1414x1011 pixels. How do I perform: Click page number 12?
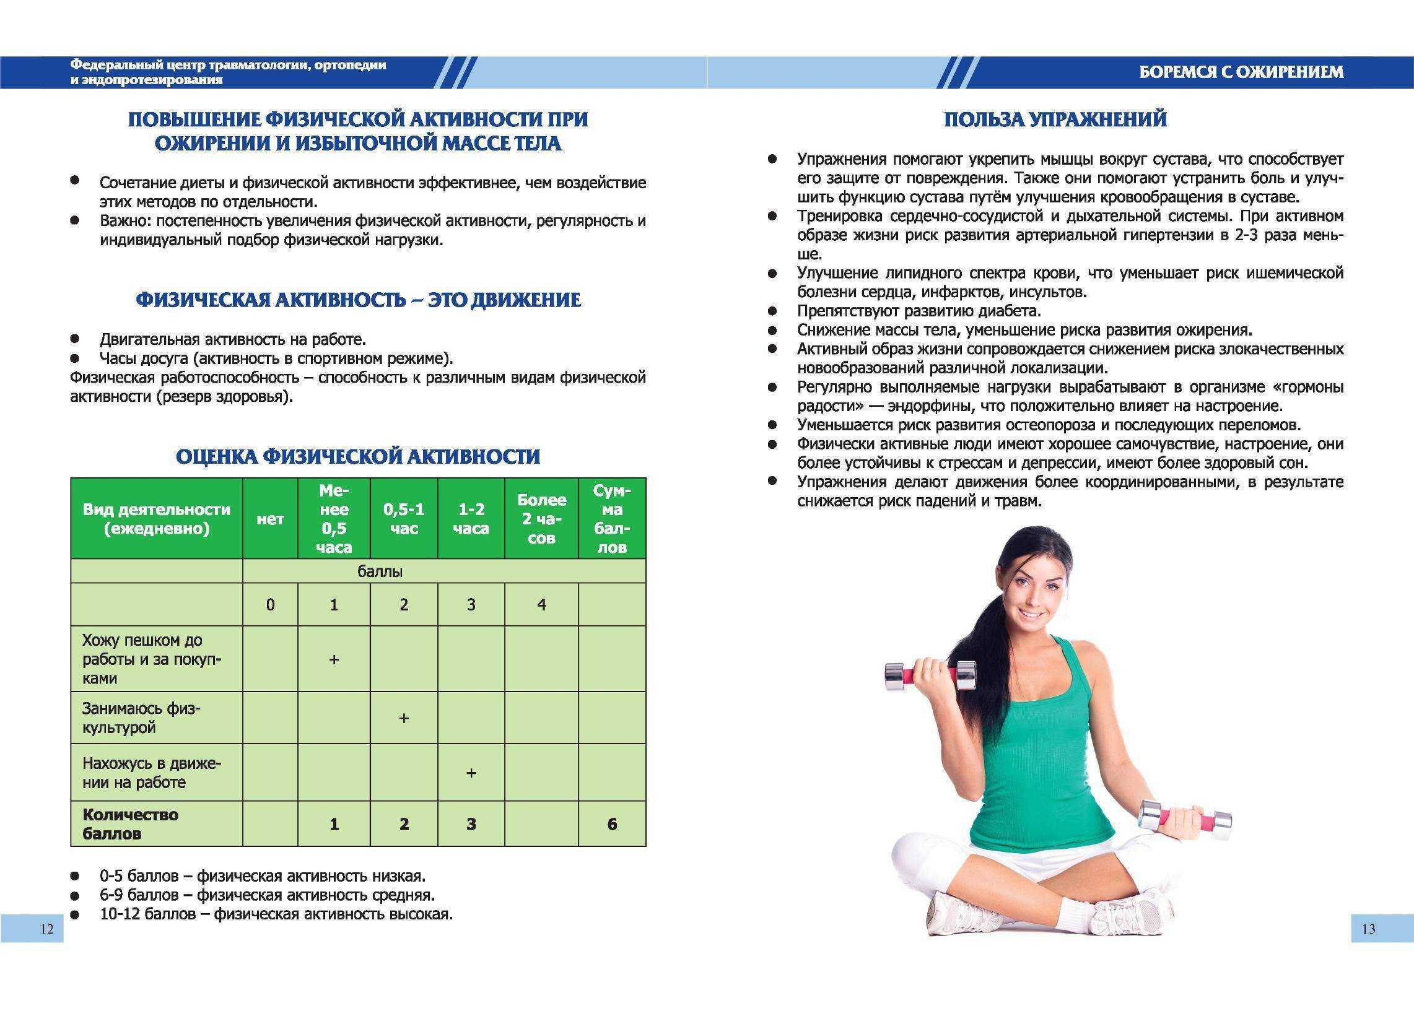pyautogui.click(x=46, y=929)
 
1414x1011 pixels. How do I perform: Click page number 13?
pyautogui.click(x=1369, y=929)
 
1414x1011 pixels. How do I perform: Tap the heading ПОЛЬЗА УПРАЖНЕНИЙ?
pyautogui.click(x=1055, y=119)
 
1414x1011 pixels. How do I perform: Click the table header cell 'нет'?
pyautogui.click(x=270, y=519)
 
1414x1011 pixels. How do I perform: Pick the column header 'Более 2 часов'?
pyautogui.click(x=542, y=519)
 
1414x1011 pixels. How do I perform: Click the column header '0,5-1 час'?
pyautogui.click(x=403, y=519)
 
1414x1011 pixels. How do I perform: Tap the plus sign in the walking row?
pyautogui.click(x=334, y=659)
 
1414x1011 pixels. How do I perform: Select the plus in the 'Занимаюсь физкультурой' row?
pyautogui.click(x=403, y=718)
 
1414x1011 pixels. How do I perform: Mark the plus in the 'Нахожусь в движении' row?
pyautogui.click(x=471, y=773)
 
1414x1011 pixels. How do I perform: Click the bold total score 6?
pyautogui.click(x=612, y=824)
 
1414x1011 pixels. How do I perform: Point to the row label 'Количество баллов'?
pyautogui.click(x=131, y=823)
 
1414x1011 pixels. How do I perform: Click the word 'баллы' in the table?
pyautogui.click(x=380, y=571)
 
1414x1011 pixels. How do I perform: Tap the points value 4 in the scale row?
pyautogui.click(x=542, y=604)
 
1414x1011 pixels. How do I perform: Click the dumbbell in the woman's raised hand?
pyautogui.click(x=930, y=675)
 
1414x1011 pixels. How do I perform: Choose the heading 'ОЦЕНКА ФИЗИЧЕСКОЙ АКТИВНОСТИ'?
pyautogui.click(x=358, y=456)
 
